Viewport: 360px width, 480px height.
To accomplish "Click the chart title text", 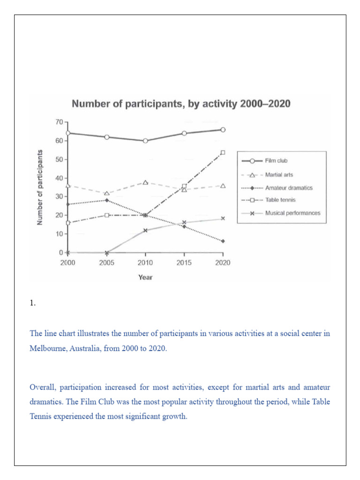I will pos(180,104).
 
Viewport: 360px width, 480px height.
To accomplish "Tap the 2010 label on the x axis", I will pos(145,262).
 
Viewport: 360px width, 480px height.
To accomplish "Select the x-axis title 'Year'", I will pos(145,277).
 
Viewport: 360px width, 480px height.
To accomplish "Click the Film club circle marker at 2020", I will pos(223,130).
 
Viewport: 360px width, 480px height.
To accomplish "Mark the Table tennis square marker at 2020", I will pos(223,152).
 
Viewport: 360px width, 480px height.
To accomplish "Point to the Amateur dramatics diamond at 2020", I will pos(223,241).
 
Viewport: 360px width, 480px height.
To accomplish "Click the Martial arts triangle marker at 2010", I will pos(145,182).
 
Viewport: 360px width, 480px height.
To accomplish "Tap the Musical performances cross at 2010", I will pos(145,230).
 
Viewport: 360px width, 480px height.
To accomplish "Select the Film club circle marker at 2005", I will pos(107,137).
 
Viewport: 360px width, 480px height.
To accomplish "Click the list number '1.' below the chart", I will pos(32,303).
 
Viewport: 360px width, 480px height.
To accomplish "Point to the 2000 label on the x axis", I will pos(68,262).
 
